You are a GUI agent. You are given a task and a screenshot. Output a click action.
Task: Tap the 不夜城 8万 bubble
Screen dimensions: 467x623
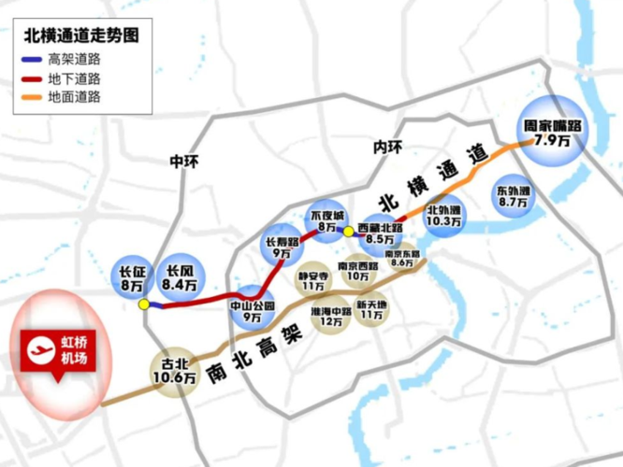[327, 220]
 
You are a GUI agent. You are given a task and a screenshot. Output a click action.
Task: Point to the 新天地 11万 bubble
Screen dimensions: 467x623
[371, 309]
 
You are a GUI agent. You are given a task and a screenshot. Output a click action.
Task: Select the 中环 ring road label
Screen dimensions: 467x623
[184, 162]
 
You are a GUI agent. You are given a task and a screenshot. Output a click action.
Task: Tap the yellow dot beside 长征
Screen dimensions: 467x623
[143, 304]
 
